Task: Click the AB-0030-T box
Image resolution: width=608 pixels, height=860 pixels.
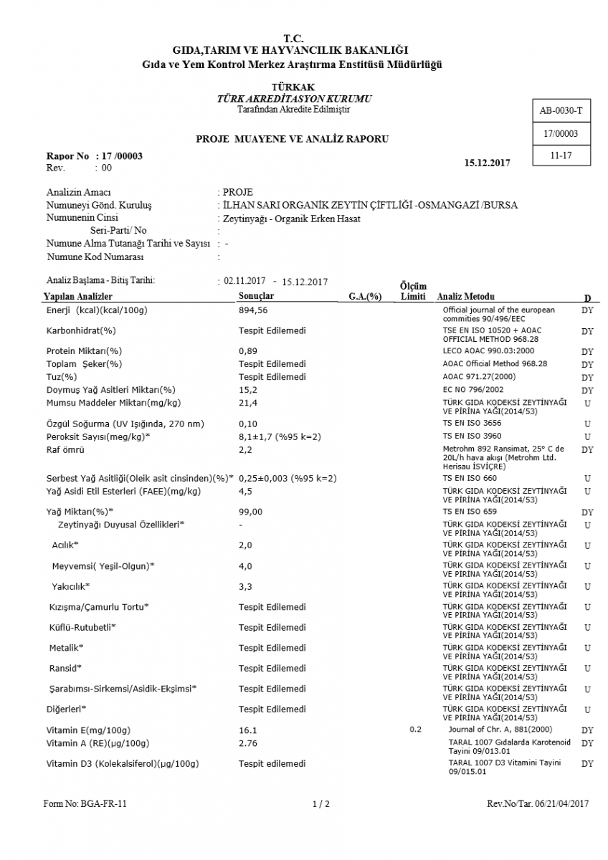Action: pyautogui.click(x=561, y=111)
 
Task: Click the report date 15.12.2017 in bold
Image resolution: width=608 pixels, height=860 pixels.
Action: pyautogui.click(x=488, y=163)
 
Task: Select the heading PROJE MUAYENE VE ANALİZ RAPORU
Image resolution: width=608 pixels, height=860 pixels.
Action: pyautogui.click(x=293, y=139)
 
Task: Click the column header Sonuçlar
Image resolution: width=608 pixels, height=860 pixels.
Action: pyautogui.click(x=256, y=296)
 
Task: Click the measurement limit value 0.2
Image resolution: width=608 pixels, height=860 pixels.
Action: pyautogui.click(x=416, y=729)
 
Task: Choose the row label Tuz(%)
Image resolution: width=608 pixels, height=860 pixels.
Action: pyautogui.click(x=62, y=377)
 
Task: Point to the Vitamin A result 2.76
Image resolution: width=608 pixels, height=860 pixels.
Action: pyautogui.click(x=247, y=743)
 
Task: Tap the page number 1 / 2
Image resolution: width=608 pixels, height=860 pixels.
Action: pyautogui.click(x=321, y=804)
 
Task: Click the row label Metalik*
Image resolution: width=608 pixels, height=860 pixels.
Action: pyautogui.click(x=66, y=648)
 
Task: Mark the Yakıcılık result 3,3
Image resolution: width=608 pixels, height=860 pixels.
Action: pyautogui.click(x=245, y=586)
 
